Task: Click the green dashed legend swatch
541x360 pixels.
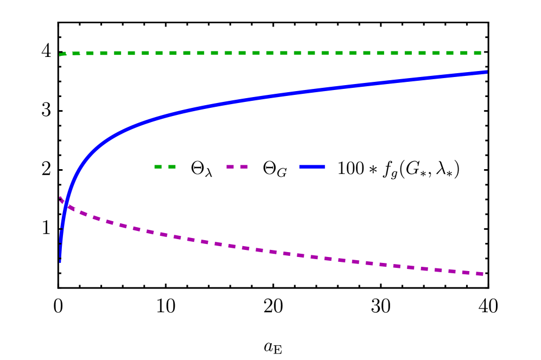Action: (x=165, y=166)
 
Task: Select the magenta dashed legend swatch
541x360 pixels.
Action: (x=237, y=166)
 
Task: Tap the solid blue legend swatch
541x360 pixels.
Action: (x=312, y=166)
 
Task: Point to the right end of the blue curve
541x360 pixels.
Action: (x=486, y=72)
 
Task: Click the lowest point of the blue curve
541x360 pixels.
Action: (x=60, y=261)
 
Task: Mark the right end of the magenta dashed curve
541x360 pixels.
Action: (x=482, y=274)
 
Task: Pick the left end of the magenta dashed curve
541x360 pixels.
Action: (x=60, y=198)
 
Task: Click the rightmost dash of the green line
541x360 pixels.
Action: (x=478, y=53)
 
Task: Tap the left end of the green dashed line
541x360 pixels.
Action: (x=61, y=54)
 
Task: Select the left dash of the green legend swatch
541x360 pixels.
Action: (x=158, y=166)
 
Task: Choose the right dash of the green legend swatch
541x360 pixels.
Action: (x=172, y=166)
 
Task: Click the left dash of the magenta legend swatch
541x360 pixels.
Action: (x=230, y=166)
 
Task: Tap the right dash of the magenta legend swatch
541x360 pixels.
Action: (x=244, y=166)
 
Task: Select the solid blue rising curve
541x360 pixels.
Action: (x=271, y=95)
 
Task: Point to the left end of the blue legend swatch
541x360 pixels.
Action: (x=300, y=166)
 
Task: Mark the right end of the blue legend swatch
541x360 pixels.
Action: (x=324, y=166)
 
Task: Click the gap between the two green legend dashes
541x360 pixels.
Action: (x=165, y=166)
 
